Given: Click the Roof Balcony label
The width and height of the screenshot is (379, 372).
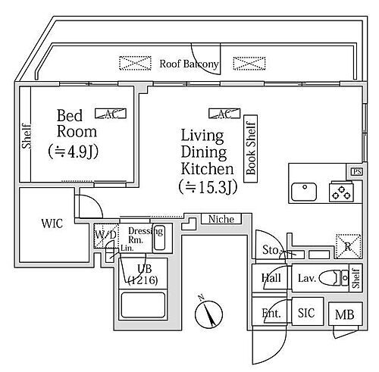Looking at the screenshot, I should pos(189,64).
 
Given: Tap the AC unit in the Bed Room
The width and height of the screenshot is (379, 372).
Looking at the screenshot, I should pos(105,114).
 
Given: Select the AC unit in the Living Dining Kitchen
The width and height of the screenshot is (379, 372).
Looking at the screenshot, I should pos(224,114).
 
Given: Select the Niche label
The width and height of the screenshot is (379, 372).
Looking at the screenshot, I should pos(222,220).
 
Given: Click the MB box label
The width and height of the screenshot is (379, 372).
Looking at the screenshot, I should pos(344,314).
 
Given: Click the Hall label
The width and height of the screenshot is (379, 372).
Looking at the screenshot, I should pos(271,279).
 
